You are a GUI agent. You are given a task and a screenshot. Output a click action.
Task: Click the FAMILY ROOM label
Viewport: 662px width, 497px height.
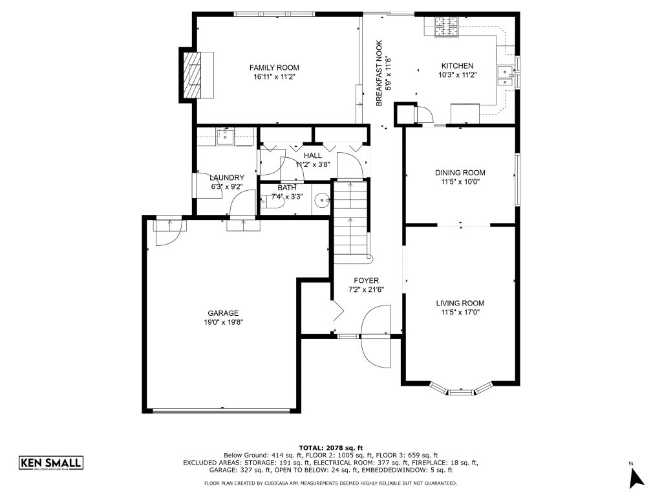click(x=274, y=67)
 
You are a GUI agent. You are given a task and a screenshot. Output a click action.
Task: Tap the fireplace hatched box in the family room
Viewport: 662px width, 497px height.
click(x=193, y=74)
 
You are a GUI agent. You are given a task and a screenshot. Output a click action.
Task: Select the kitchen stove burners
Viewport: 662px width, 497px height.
click(x=445, y=26)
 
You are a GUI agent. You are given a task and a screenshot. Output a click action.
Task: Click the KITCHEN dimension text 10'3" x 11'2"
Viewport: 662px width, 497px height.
click(x=457, y=75)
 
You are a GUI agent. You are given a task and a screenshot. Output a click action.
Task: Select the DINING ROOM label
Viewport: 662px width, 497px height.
click(x=460, y=173)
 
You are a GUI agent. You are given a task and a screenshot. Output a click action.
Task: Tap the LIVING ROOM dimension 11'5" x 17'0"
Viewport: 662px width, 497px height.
click(x=460, y=312)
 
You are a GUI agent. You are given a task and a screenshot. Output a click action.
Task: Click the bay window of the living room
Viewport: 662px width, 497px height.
click(x=460, y=390)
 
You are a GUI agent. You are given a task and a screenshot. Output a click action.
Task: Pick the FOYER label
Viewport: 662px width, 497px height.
click(x=366, y=280)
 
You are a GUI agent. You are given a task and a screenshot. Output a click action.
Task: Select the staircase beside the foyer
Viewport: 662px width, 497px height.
click(x=350, y=223)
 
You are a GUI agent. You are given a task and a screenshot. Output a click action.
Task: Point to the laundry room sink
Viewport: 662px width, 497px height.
click(x=226, y=137)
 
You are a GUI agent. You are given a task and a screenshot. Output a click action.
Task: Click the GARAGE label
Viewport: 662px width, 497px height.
click(x=223, y=313)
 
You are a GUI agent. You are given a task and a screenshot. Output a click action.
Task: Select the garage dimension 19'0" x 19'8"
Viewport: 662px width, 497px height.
click(x=223, y=322)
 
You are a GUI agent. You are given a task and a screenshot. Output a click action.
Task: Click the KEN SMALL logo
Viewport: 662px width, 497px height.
click(x=50, y=463)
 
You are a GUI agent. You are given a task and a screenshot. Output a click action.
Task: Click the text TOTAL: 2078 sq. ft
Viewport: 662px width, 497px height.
click(x=330, y=448)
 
